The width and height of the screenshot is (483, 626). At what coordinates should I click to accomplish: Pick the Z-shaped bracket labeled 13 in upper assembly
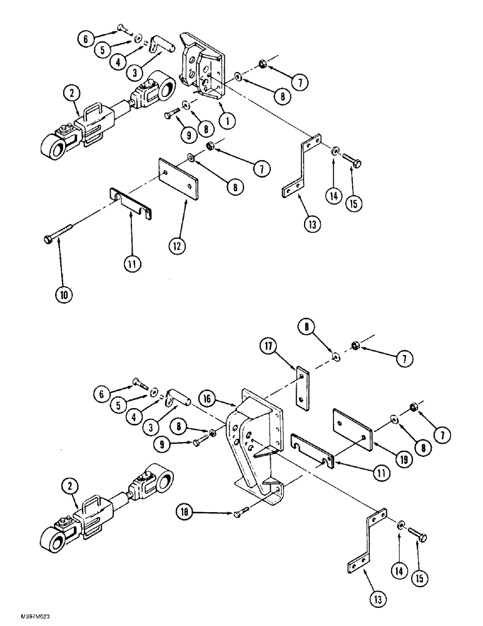click(301, 166)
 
